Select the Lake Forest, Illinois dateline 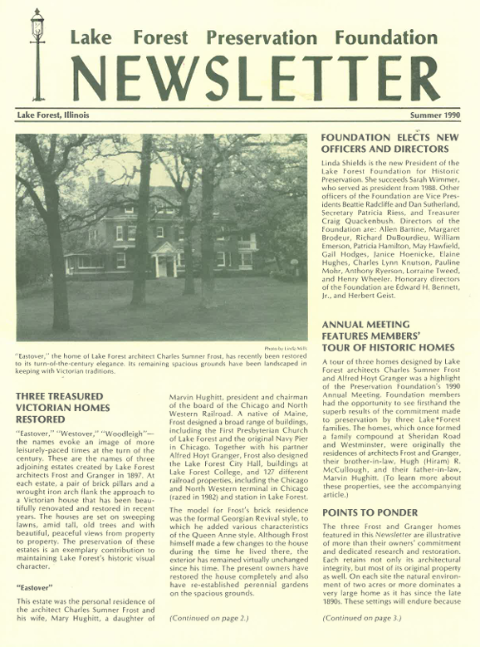(x=53, y=115)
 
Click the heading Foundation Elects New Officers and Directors (x=389, y=143)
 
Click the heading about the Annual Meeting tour (x=388, y=336)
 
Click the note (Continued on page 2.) (x=208, y=618)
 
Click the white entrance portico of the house (x=166, y=260)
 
